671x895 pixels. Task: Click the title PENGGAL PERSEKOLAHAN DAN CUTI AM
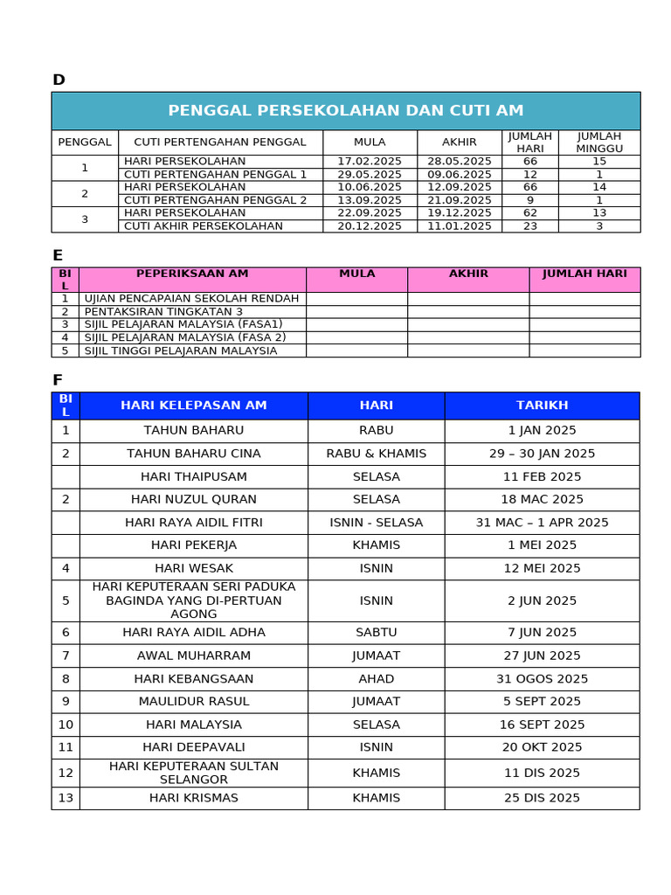(x=345, y=111)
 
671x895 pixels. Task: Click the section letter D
(x=59, y=80)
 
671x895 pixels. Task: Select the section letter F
(x=58, y=380)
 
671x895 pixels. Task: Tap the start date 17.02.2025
(x=370, y=162)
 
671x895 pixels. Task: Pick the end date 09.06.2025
(x=459, y=175)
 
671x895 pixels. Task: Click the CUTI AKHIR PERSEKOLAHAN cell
(x=204, y=226)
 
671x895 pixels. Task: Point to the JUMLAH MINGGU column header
(x=598, y=142)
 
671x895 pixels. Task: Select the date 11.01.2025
(x=459, y=226)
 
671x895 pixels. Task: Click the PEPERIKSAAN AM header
(x=192, y=274)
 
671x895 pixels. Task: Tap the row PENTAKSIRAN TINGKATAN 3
(x=163, y=312)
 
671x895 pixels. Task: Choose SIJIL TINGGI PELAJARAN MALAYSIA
(x=180, y=350)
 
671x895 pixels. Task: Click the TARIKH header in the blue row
(x=542, y=406)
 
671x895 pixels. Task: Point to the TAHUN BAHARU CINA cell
(x=193, y=454)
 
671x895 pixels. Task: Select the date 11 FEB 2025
(x=542, y=477)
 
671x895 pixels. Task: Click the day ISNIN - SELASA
(x=376, y=523)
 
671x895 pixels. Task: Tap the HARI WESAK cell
(x=193, y=568)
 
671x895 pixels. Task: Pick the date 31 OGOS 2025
(x=542, y=679)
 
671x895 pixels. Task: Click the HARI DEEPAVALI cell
(x=193, y=747)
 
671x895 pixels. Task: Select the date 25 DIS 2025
(x=542, y=798)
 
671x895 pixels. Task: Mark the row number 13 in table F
(x=66, y=798)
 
